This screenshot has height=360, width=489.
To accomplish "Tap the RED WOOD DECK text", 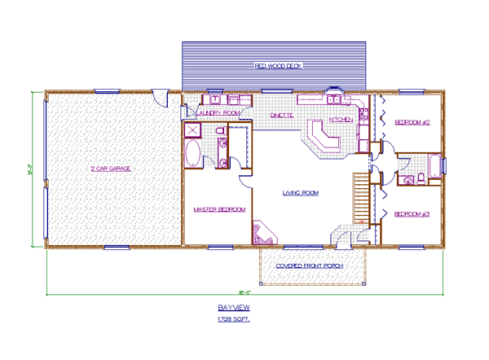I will point(278,65).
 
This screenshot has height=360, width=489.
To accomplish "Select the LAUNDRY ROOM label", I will point(218,112).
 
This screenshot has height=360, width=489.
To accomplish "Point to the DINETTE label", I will point(282,116).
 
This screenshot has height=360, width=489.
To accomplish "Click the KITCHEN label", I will point(341,119).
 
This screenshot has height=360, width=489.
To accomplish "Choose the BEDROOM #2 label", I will point(412,122).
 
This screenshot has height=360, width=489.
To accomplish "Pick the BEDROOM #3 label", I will point(411,214).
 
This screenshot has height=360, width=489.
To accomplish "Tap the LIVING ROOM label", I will point(300,193).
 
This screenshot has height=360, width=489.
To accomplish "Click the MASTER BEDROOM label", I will point(219,209).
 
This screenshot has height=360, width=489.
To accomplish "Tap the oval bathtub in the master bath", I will point(194,155).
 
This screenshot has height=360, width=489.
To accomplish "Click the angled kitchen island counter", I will point(320,138).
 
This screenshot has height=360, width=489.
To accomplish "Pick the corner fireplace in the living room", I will point(263,234).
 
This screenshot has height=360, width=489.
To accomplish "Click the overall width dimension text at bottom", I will point(242,292).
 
